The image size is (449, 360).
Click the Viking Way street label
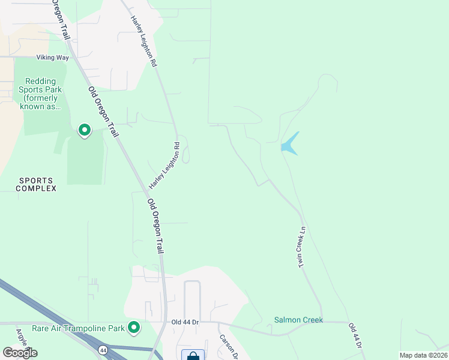click(53, 58)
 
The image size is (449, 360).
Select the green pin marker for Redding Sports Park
click(85, 130)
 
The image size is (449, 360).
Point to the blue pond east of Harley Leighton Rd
click(289, 145)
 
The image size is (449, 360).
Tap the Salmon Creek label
click(298, 320)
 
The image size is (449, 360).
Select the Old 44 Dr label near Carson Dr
click(184, 322)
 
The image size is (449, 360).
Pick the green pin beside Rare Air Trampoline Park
click(134, 327)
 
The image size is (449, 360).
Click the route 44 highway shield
click(103, 349)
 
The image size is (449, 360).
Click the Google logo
click(20, 352)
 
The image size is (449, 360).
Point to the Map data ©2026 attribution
click(423, 355)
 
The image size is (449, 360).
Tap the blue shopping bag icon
click(193, 355)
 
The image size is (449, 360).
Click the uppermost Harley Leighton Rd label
click(144, 41)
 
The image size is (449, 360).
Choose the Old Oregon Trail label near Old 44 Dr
click(155, 226)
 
